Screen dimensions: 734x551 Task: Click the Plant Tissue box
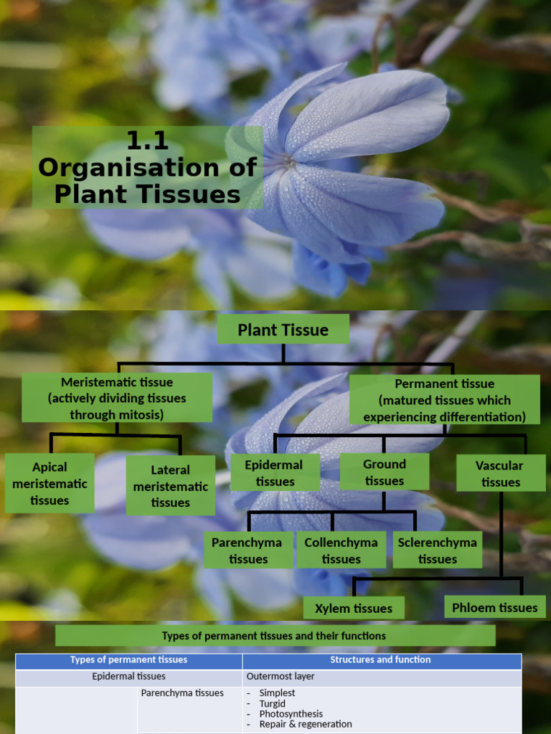[283, 330]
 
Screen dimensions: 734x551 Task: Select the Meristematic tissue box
[117, 398]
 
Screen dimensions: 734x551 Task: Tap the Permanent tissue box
[445, 400]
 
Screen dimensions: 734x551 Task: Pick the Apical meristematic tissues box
[50, 483]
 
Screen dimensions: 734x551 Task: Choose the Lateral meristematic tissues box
[170, 486]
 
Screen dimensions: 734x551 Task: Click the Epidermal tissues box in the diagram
[274, 473]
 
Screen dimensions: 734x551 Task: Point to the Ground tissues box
[385, 472]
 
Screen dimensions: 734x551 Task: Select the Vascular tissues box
[501, 474]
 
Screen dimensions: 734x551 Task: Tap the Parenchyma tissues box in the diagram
[248, 550]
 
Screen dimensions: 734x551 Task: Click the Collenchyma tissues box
[342, 550]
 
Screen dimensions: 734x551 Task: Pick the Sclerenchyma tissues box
[438, 550]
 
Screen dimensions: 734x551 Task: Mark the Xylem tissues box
[354, 609]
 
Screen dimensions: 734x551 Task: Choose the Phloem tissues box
[495, 608]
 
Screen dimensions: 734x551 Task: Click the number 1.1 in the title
[147, 140]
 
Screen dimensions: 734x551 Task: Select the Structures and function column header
[380, 660]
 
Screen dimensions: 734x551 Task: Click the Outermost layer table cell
[270, 677]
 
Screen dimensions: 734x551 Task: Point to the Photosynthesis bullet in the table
[291, 714]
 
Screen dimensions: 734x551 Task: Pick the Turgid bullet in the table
[273, 704]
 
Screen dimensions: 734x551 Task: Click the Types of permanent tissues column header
[129, 660]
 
